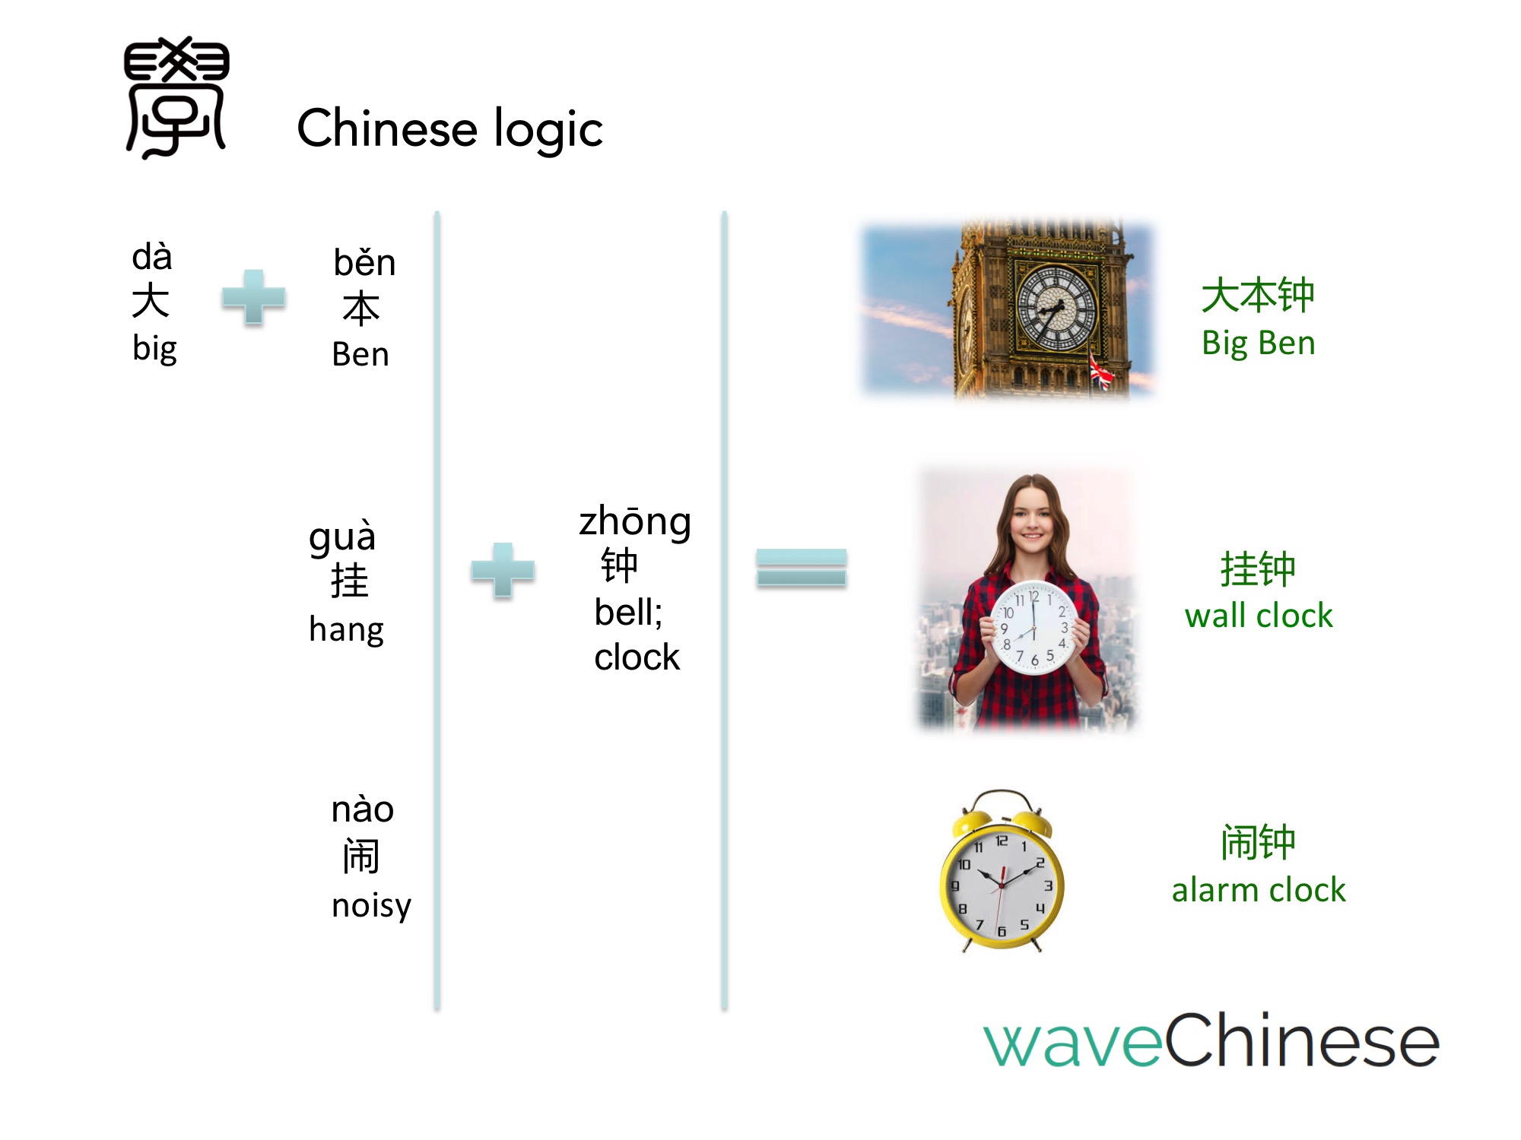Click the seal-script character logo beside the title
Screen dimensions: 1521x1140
(x=176, y=97)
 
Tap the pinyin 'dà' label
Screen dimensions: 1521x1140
(x=152, y=256)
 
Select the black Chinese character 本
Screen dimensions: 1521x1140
(x=361, y=309)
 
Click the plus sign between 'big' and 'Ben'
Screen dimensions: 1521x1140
(x=253, y=297)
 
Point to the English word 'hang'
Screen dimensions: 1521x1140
(x=346, y=630)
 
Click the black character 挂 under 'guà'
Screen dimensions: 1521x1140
(x=350, y=581)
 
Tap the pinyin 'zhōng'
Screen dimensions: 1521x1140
(x=635, y=523)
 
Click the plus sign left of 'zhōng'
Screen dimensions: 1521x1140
(x=503, y=570)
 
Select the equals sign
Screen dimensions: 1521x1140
(x=802, y=568)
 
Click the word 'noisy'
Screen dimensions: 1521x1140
(x=371, y=906)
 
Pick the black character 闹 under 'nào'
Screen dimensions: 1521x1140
(x=361, y=856)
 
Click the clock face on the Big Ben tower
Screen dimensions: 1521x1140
(x=1057, y=309)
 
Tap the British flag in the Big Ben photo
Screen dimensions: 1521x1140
(x=1100, y=372)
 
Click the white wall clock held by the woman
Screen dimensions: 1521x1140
(x=1034, y=628)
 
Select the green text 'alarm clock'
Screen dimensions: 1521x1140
(x=1259, y=890)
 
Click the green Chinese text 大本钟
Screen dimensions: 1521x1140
(x=1258, y=295)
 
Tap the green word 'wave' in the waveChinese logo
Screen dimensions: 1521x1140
(x=1073, y=1043)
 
